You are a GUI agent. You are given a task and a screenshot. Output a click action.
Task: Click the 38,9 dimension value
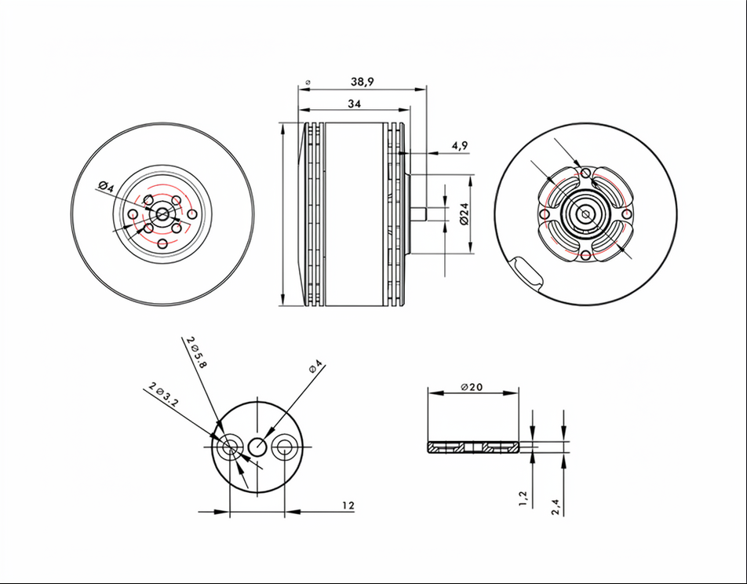pos(363,82)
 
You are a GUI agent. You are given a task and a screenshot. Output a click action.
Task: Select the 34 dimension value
pos(355,104)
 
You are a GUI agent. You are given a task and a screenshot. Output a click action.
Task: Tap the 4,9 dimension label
pos(460,145)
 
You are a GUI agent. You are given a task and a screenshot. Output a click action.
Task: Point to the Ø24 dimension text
pos(465,214)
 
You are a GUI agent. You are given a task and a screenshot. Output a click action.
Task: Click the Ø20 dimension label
pos(472,387)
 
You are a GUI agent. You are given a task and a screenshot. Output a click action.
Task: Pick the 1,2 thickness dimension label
pos(523,498)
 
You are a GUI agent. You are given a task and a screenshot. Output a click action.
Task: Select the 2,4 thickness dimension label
pos(555,507)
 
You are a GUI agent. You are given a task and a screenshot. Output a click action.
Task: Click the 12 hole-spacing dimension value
pos(348,506)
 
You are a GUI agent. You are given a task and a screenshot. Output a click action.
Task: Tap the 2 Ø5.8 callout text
pos(197,352)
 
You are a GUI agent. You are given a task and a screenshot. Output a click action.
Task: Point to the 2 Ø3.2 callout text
pos(163,394)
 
